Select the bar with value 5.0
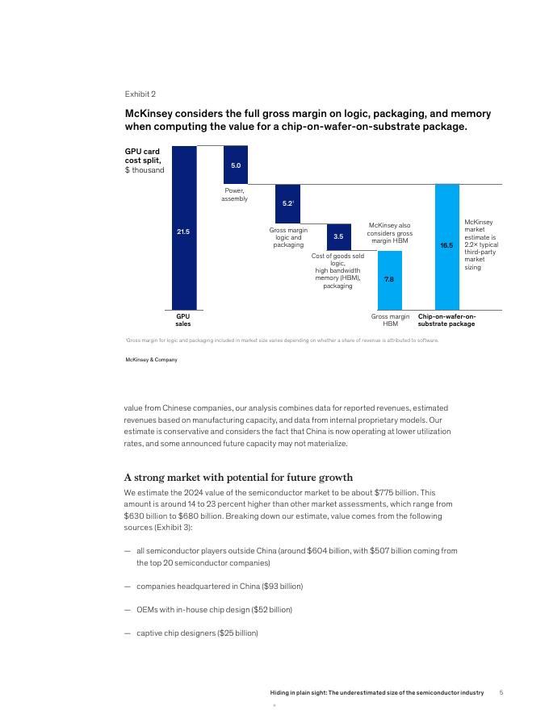[235, 165]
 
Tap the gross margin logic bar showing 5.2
[287, 204]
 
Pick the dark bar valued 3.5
[338, 237]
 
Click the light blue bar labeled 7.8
[389, 279]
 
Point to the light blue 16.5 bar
[446, 246]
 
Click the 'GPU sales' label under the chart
[183, 320]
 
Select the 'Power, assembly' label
[235, 194]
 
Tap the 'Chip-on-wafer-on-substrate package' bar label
[446, 320]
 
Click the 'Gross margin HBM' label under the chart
[390, 320]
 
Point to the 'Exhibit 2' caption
[140, 94]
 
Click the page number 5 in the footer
[501, 692]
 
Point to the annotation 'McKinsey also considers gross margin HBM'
[390, 233]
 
